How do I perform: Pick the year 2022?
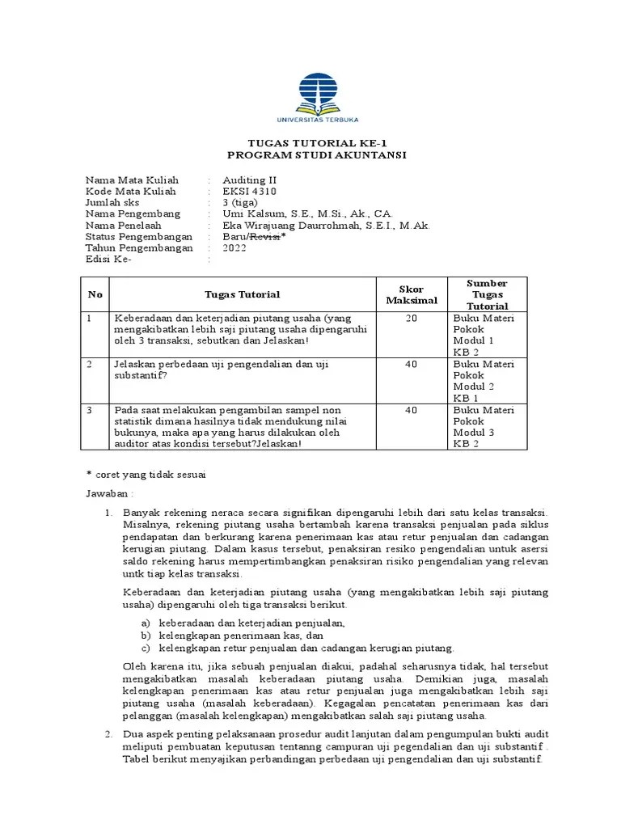pos(234,248)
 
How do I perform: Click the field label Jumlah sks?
pos(113,202)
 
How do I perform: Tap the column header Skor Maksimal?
pos(412,294)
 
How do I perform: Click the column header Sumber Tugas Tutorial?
pos(487,294)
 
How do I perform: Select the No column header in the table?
pos(95,294)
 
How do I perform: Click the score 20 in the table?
pos(412,319)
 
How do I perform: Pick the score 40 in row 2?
pos(412,365)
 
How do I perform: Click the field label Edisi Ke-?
pos(108,260)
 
